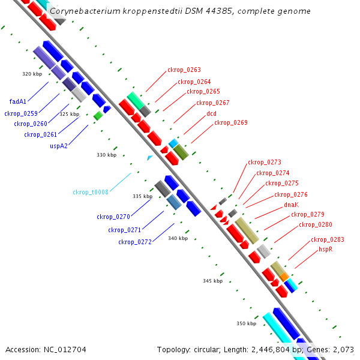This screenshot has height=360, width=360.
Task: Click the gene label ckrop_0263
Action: (x=184, y=70)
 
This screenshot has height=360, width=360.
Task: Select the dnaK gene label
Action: (x=291, y=205)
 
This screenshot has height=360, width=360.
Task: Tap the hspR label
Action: (x=326, y=249)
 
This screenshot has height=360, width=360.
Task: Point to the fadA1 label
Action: (x=18, y=102)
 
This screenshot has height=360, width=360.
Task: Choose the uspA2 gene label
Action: (x=58, y=146)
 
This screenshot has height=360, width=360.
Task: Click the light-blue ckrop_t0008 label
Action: (x=91, y=193)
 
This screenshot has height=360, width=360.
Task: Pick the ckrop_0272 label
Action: (x=134, y=242)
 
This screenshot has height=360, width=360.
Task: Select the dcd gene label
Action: (x=211, y=113)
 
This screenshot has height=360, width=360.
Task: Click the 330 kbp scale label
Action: (x=106, y=155)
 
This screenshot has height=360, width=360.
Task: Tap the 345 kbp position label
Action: (x=212, y=281)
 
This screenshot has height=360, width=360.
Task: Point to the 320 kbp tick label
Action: (x=32, y=74)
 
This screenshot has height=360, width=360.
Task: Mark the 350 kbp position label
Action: (x=246, y=324)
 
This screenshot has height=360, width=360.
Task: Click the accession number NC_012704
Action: (x=67, y=349)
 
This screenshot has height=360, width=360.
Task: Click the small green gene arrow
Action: (x=98, y=115)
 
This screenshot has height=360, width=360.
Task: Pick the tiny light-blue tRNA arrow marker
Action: (x=150, y=158)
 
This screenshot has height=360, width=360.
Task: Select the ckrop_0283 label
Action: (x=327, y=240)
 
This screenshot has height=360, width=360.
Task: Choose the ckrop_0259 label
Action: (x=21, y=113)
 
